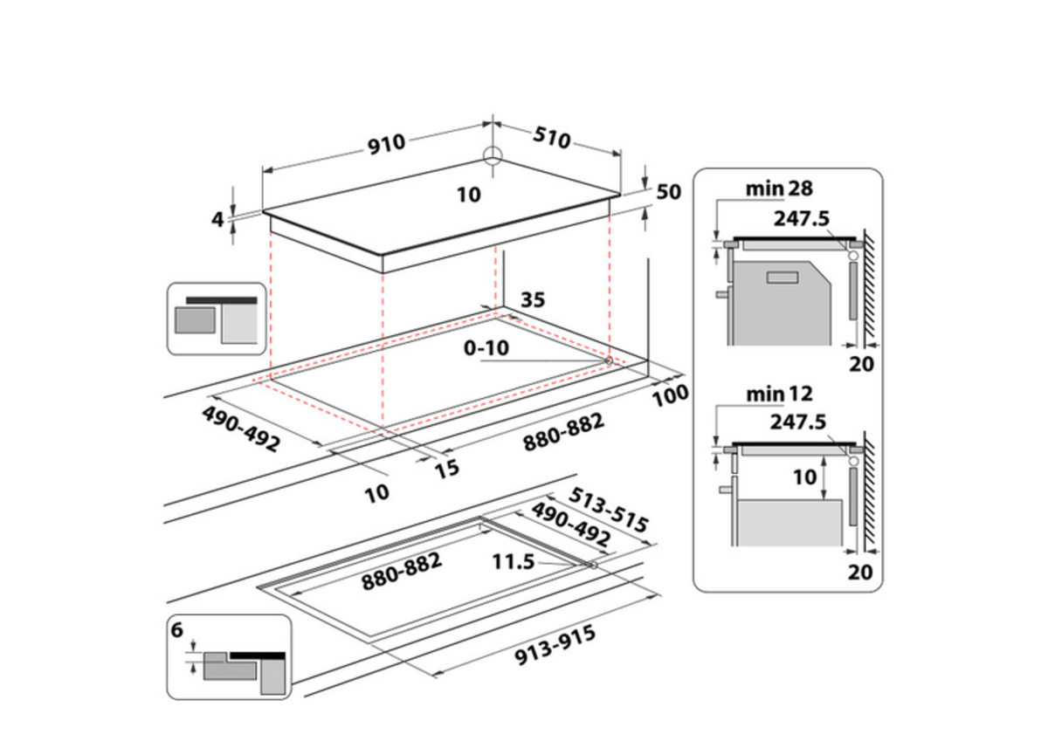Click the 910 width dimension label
pyautogui.click(x=385, y=144)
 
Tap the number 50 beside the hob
pyautogui.click(x=668, y=192)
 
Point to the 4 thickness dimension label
pyautogui.click(x=217, y=220)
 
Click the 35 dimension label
pyautogui.click(x=532, y=300)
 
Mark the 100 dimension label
pyautogui.click(x=670, y=394)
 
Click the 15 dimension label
pyautogui.click(x=446, y=469)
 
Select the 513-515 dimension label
pyautogui.click(x=609, y=509)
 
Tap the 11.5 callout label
pyautogui.click(x=513, y=561)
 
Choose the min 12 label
pyautogui.click(x=777, y=395)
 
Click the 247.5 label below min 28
pyautogui.click(x=799, y=218)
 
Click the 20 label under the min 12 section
pyautogui.click(x=861, y=573)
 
